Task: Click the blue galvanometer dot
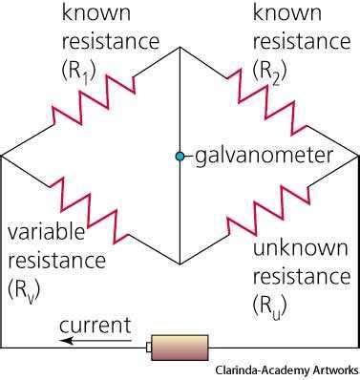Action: point(179,155)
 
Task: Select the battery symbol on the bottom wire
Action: point(173,348)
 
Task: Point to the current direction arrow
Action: point(95,340)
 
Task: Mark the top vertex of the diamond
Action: point(179,48)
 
